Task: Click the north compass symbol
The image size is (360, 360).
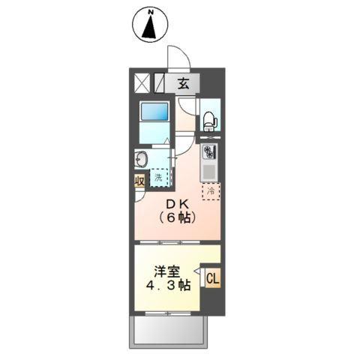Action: coord(150,25)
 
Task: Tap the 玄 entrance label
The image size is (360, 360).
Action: coord(184,83)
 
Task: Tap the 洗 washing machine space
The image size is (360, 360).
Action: coord(159,178)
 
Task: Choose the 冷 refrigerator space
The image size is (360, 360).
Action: coord(211,190)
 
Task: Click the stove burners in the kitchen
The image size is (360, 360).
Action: coord(209,151)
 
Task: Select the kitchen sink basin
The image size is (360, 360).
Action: coord(209,172)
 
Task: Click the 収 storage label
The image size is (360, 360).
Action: coord(140,181)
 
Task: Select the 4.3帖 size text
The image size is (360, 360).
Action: coord(168,286)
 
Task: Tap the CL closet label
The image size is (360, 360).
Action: coord(212,279)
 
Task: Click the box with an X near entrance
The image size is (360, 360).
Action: coord(143,82)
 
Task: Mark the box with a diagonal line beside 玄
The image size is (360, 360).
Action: coord(160,82)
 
